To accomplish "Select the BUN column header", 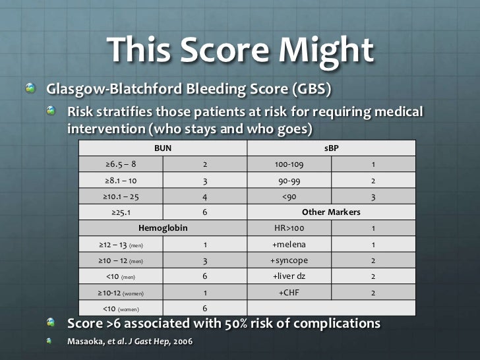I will (x=162, y=148).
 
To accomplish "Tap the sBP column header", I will (x=332, y=148).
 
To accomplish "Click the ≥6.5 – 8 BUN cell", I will (x=121, y=164).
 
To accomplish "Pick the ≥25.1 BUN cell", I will (x=121, y=212).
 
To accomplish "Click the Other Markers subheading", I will (x=331, y=212).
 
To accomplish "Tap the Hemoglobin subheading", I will (x=162, y=228).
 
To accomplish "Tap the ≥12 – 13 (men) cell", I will (x=121, y=245).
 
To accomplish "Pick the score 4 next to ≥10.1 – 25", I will (x=204, y=196).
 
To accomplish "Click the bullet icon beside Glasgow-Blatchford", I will (x=31, y=88).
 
